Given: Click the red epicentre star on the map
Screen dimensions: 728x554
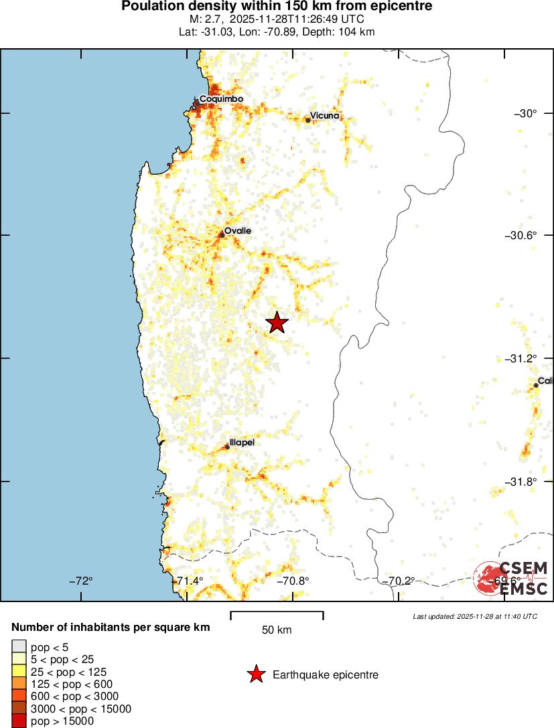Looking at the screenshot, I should [277, 323].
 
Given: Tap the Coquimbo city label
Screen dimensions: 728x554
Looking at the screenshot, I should [221, 99].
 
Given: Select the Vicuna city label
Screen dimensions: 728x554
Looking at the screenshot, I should [325, 116].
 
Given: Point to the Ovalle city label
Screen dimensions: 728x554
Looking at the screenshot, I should [238, 230].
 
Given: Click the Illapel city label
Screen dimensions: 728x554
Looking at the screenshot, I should [242, 442].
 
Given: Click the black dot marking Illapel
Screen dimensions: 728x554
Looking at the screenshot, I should [228, 447].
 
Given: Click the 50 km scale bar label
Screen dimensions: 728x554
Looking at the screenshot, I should [277, 630].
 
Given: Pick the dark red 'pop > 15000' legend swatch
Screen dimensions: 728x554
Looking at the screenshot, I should [19, 721].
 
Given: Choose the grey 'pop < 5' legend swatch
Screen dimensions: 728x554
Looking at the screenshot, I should [19, 647].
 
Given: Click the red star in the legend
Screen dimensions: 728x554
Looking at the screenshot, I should [255, 675].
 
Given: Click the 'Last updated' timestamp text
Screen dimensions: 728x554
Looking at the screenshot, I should [475, 616].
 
